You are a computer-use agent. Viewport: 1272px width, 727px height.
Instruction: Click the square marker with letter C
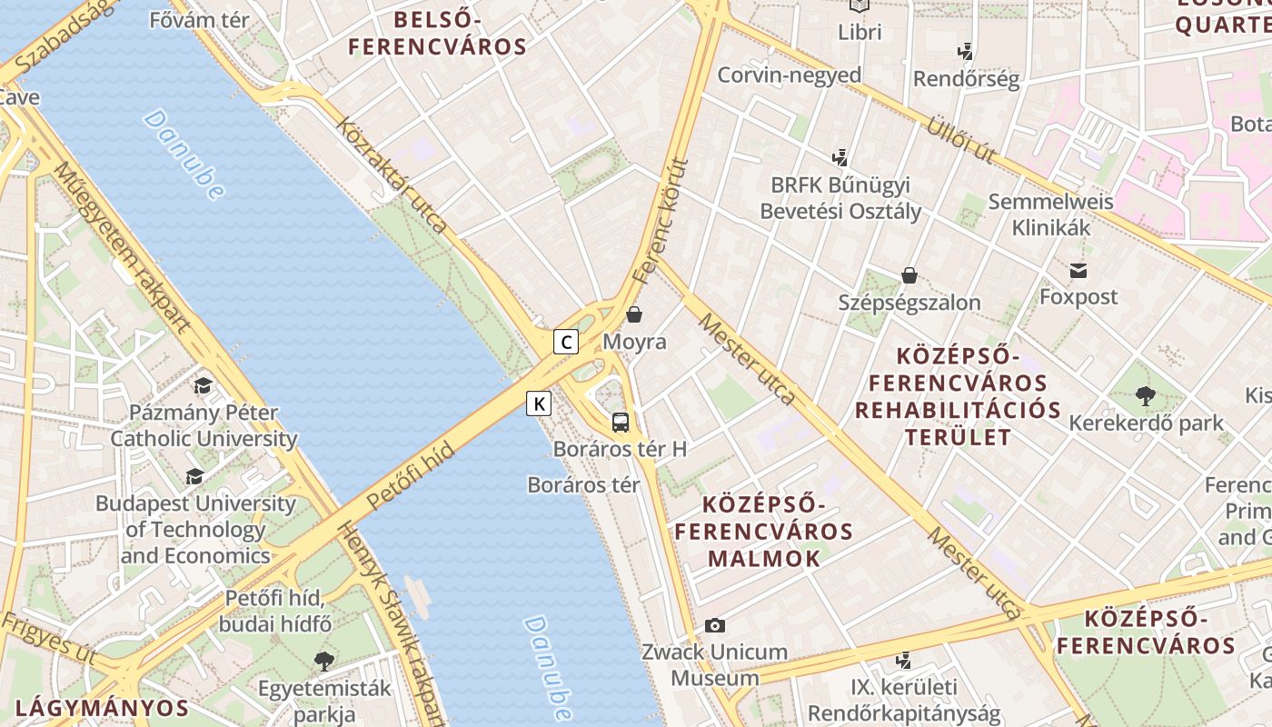[x=566, y=342]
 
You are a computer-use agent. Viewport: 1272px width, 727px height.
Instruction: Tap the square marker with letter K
[x=539, y=403]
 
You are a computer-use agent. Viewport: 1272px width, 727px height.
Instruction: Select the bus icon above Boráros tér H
[x=621, y=422]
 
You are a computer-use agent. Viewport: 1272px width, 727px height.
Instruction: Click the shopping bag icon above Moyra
[x=634, y=315]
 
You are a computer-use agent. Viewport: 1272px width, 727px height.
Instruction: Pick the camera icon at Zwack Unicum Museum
[x=715, y=625]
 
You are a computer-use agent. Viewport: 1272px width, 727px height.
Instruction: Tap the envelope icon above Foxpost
[x=1078, y=270]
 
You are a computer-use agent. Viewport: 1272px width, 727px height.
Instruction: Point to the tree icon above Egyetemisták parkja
[x=323, y=661]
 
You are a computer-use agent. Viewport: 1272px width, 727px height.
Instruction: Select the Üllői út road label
[x=960, y=139]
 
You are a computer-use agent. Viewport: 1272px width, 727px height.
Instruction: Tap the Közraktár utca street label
[x=393, y=174]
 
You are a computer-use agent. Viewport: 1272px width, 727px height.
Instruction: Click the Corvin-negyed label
[x=789, y=75]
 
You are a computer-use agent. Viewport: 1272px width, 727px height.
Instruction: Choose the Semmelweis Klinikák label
[x=1050, y=214]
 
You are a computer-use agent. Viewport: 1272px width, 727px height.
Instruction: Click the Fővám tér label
[x=199, y=19]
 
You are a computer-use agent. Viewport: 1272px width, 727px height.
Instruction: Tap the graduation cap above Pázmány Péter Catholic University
[x=203, y=386]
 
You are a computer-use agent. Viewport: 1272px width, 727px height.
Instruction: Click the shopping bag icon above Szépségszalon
[x=909, y=275]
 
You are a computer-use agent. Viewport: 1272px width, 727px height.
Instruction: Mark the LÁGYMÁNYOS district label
[x=103, y=708]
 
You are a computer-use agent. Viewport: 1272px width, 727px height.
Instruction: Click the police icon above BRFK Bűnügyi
[x=840, y=157]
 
